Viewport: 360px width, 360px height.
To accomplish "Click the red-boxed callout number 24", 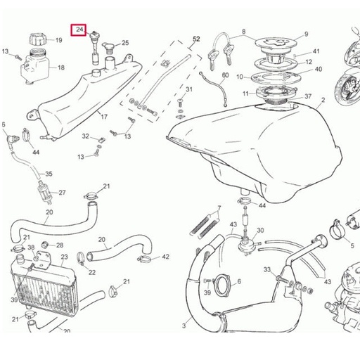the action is (x=79, y=30).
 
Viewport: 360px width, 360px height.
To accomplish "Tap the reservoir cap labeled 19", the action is (x=39, y=39).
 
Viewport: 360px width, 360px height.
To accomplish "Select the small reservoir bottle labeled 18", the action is (x=35, y=66).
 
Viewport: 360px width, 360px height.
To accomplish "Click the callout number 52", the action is (x=196, y=39).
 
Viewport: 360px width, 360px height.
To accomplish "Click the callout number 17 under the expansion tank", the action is (x=104, y=117).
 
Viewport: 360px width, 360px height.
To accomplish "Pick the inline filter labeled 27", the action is (x=45, y=193).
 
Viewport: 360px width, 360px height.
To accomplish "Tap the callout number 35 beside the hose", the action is (x=49, y=174).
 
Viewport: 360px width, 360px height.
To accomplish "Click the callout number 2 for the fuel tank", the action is (x=323, y=100).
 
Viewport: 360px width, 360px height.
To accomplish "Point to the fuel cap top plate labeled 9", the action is (x=276, y=44).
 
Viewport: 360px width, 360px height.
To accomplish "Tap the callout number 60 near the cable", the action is (x=225, y=75).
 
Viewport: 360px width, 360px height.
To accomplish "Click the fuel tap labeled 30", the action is (x=246, y=245).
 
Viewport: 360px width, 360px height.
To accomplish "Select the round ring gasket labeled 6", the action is (x=222, y=285).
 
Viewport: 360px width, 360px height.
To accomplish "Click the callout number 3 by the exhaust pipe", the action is (x=184, y=326).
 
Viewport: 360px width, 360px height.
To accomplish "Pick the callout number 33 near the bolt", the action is (x=267, y=269).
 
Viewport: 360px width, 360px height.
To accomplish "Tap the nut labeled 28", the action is (x=45, y=245).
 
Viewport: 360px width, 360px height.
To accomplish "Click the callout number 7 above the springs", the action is (x=219, y=208).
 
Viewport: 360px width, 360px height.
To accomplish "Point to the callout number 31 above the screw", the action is (x=189, y=89).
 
